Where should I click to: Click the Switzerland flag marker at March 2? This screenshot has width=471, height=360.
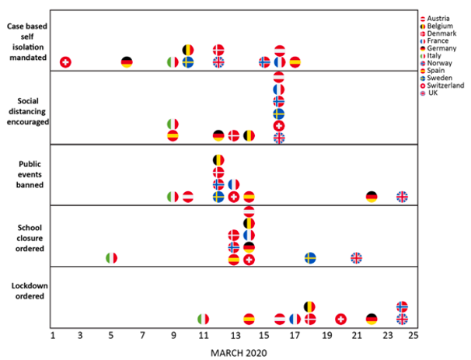tap(65, 61)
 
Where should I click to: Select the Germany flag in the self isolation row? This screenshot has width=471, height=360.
tap(127, 61)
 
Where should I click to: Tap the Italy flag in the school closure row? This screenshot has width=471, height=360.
tap(111, 258)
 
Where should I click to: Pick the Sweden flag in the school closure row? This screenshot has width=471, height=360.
tap(310, 258)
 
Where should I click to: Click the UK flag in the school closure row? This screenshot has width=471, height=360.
tap(356, 258)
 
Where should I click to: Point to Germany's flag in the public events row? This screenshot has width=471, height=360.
tap(372, 197)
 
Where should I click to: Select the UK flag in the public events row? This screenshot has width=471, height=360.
tap(402, 197)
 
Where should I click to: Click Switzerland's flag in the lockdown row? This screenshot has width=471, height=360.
tap(340, 319)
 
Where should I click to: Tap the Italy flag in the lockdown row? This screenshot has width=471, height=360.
tap(203, 319)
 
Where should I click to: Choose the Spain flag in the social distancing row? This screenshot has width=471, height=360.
tap(173, 135)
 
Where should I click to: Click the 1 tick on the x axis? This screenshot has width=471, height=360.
tap(52, 336)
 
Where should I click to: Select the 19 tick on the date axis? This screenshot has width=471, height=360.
tap(326, 336)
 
